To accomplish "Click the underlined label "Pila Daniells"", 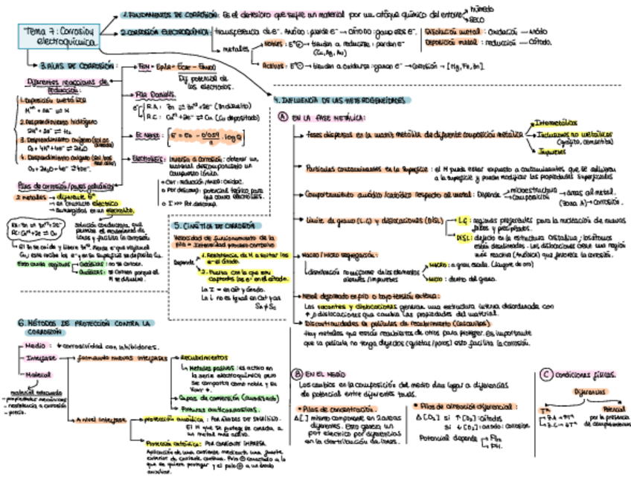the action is pyautogui.click(x=154, y=94).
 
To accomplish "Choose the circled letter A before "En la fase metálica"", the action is pyautogui.click(x=283, y=117).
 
